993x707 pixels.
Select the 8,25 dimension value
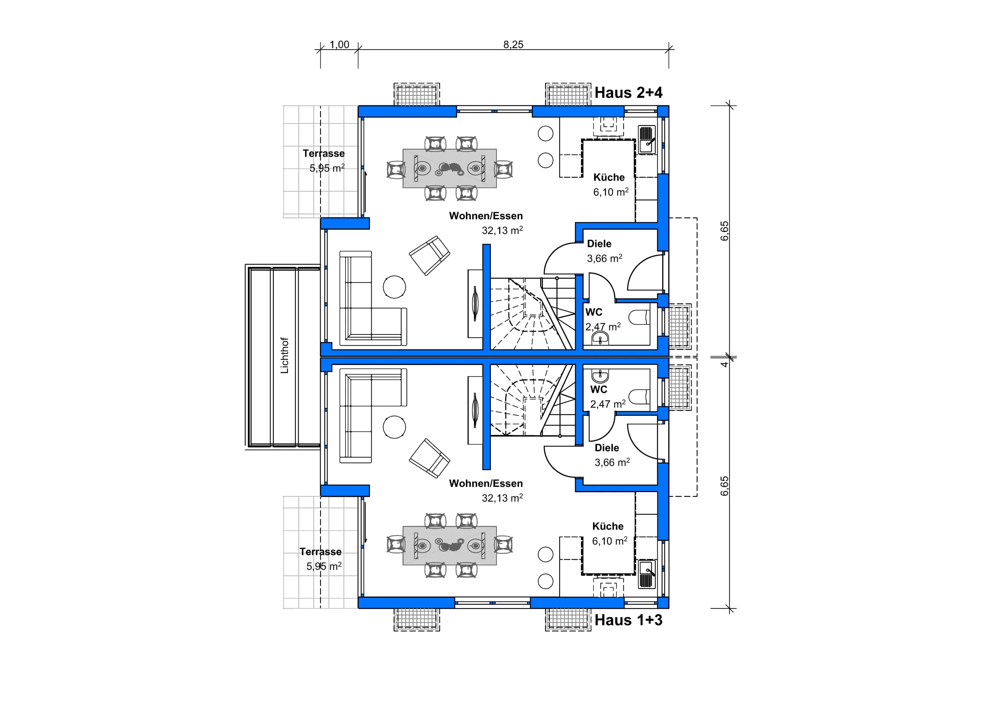[513, 44]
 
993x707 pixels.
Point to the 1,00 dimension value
[339, 44]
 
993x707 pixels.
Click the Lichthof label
[284, 355]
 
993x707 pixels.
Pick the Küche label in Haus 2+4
[609, 177]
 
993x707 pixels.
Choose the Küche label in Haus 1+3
[608, 526]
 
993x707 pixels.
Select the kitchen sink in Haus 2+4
[647, 139]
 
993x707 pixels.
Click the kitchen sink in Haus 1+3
[647, 574]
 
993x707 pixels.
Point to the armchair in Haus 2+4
[430, 255]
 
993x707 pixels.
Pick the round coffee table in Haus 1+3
[394, 427]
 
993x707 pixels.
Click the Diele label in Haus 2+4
[599, 243]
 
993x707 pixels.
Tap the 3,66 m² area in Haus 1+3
[612, 462]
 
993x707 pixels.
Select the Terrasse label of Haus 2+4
[323, 153]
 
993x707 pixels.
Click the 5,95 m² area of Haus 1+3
[323, 566]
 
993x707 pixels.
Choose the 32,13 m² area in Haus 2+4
[502, 230]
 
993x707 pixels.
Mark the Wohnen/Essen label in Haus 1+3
[486, 483]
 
